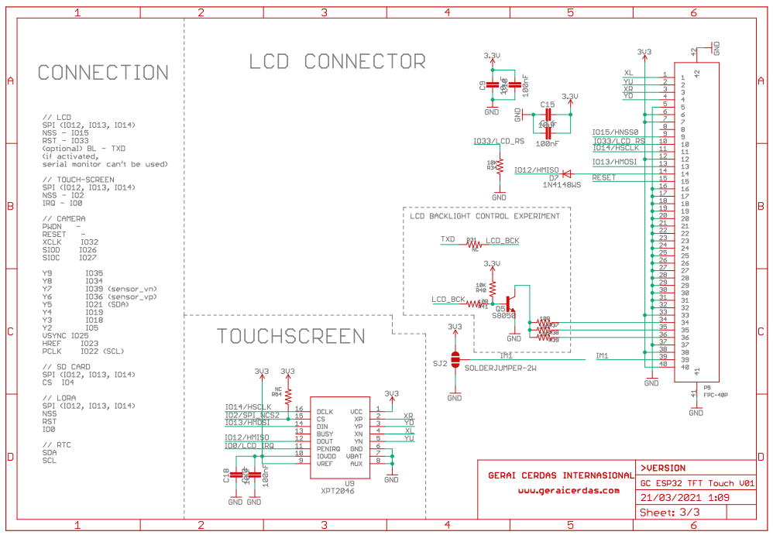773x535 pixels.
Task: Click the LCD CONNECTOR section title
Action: coord(337,61)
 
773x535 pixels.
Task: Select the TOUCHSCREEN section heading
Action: coord(290,336)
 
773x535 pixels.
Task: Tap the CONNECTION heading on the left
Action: coord(103,73)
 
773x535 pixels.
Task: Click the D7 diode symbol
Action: coord(565,173)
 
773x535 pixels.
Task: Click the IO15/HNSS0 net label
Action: coord(615,132)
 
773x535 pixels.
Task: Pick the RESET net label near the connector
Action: coord(604,178)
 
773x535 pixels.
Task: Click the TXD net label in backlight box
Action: coord(448,239)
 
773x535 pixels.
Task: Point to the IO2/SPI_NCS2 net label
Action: coord(252,415)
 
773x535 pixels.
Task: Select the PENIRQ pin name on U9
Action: coord(329,448)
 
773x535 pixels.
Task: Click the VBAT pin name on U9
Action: coord(356,456)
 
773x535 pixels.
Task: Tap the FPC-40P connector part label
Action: coord(715,395)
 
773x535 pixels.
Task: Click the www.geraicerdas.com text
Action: coord(569,490)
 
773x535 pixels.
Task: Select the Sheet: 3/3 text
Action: coord(669,513)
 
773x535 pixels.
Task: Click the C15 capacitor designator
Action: coord(547,105)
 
